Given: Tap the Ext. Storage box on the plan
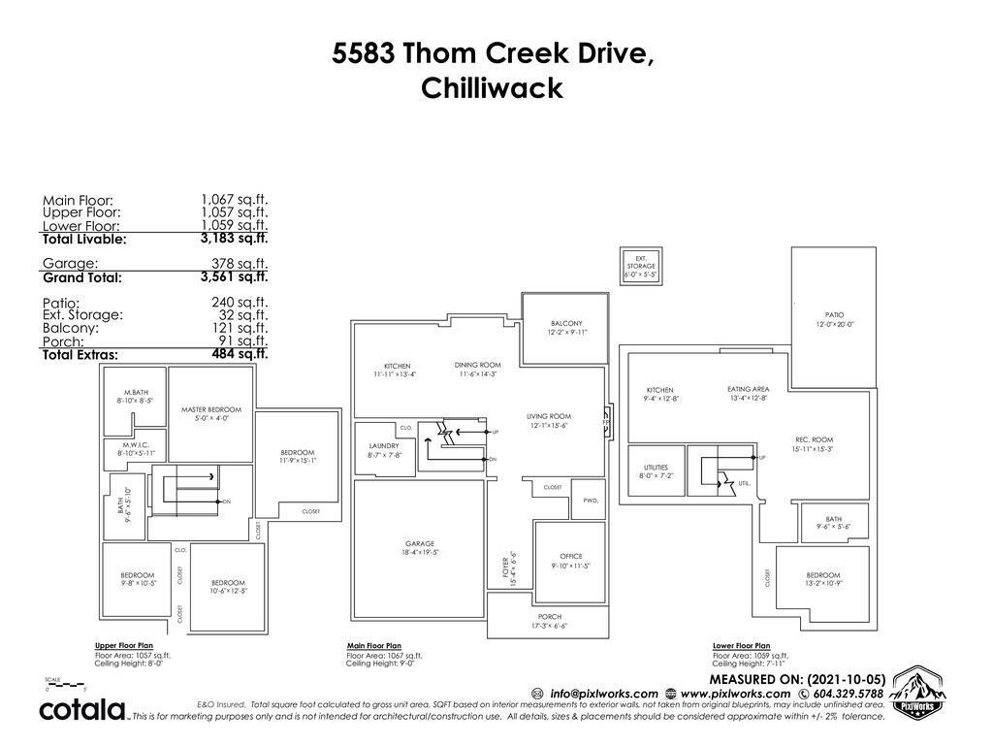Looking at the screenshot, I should pos(640,265).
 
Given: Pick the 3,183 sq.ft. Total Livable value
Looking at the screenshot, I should pos(234,238).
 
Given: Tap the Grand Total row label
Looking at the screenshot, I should pos(82,277).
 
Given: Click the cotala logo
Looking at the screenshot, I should pos(82,709).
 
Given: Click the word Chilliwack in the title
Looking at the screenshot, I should pos(493,88).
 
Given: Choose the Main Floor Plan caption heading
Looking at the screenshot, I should pos(374,645).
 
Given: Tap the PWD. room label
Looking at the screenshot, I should pos(591,501).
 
